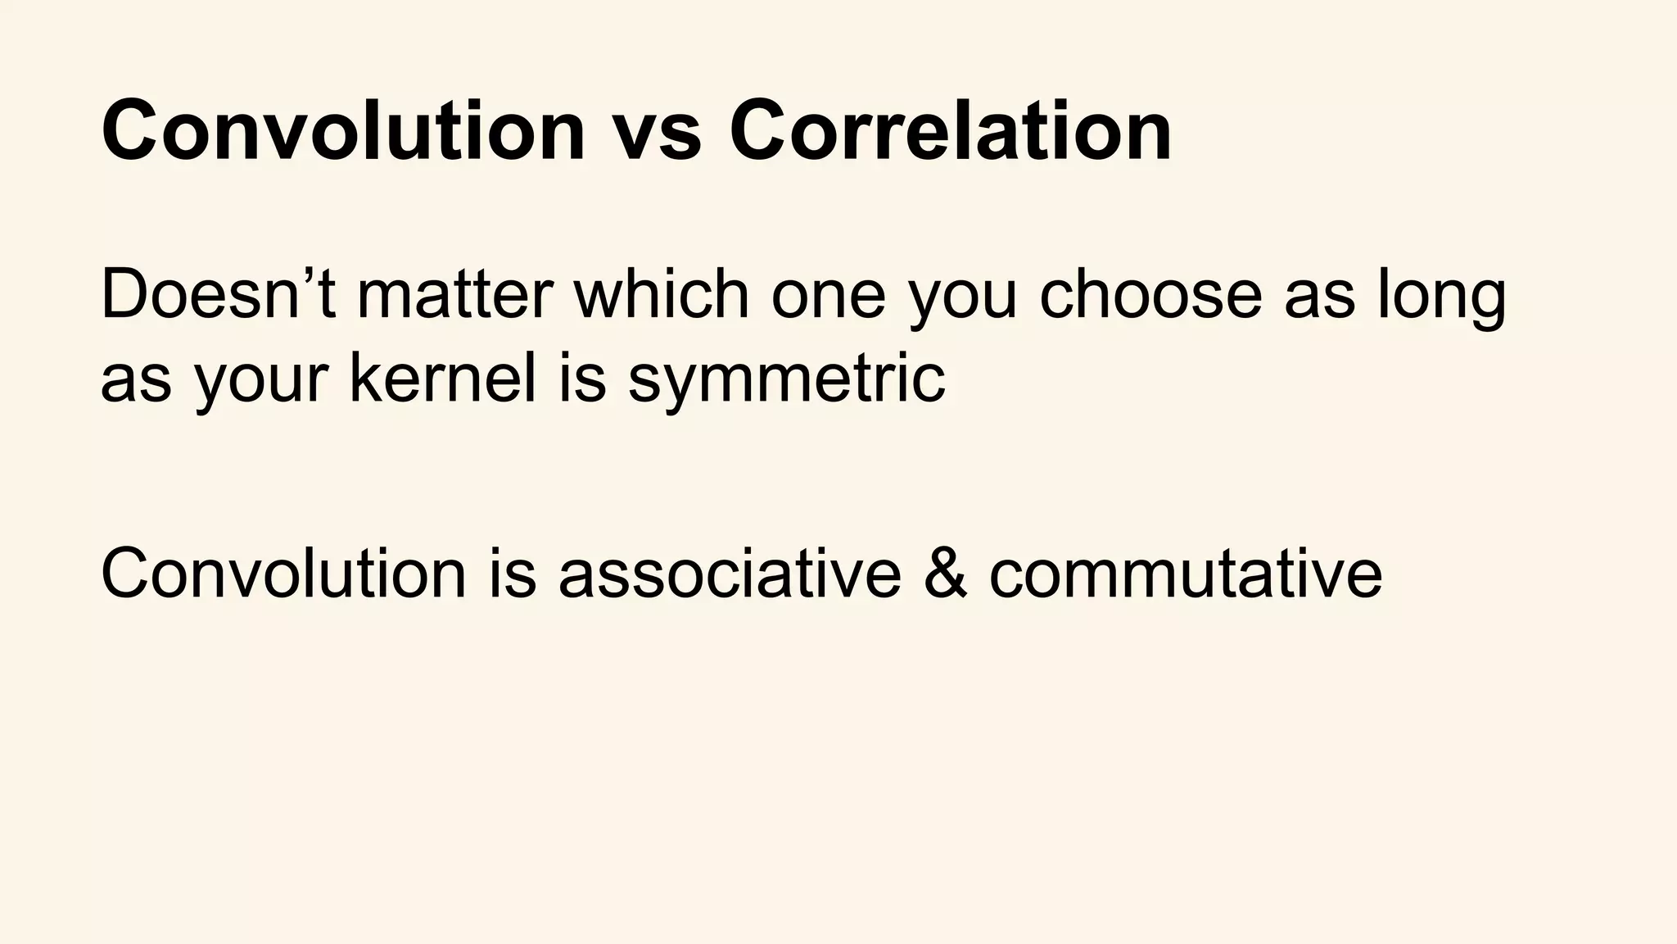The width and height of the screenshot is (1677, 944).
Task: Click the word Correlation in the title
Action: (x=950, y=131)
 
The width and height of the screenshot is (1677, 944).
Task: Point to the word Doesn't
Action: (x=218, y=295)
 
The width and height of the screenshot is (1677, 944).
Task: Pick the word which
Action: (x=662, y=295)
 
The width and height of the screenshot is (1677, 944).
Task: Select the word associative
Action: (x=730, y=574)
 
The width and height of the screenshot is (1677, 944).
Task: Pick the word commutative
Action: (x=1186, y=574)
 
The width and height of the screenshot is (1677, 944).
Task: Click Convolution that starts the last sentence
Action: (x=283, y=574)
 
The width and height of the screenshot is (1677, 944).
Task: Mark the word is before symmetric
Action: (x=583, y=379)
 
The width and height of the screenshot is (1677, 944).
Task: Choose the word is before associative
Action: (x=513, y=574)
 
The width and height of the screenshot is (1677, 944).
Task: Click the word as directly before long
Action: (x=1319, y=299)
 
